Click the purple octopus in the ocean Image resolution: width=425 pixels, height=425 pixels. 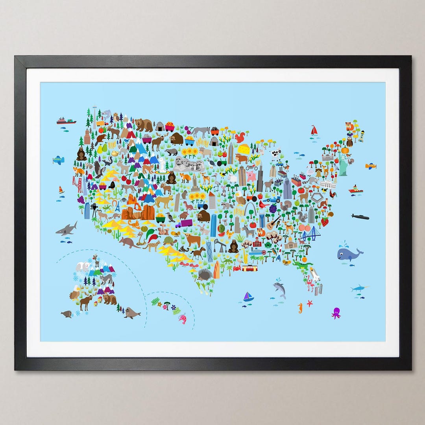336,313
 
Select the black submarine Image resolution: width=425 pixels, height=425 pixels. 360,217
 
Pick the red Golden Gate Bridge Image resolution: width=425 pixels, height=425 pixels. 77,181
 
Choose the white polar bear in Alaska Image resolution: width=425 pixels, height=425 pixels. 83,266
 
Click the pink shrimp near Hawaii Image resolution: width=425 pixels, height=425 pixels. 182,318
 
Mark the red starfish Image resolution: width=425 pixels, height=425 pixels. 310,303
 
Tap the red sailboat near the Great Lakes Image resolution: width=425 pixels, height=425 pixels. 314,130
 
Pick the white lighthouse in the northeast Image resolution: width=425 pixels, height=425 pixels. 361,136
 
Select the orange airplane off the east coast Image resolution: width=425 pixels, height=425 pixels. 370,166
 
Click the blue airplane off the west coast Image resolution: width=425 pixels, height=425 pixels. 58,160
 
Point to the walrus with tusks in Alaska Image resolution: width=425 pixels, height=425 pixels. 132,313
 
